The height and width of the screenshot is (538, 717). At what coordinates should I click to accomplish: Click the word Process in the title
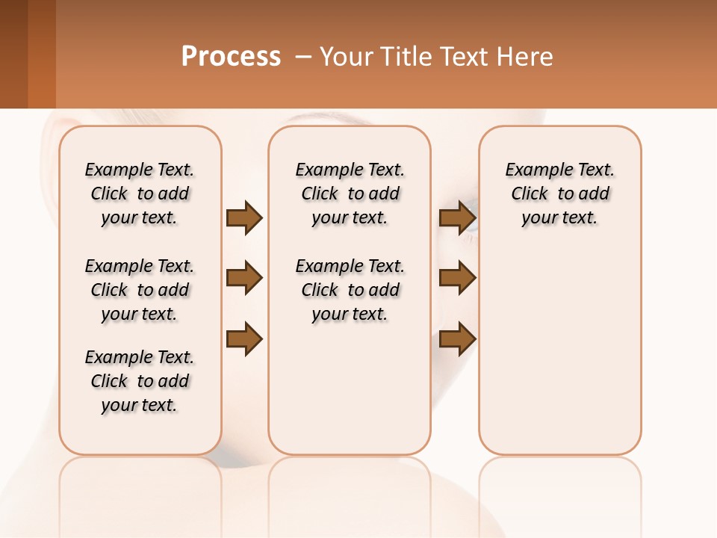coord(231,57)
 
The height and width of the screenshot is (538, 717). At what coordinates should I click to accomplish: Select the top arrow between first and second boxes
coord(244,218)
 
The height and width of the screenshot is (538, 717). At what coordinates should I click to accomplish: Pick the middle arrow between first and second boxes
coord(244,279)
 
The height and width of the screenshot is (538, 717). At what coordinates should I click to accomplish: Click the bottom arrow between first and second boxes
coord(244,340)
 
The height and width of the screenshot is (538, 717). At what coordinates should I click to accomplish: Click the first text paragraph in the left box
coord(140,194)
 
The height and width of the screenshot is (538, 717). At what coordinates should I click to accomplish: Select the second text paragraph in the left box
coord(140,290)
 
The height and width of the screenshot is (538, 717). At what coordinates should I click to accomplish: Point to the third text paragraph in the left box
coord(140,381)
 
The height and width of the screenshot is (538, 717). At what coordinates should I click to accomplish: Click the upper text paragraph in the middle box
coord(350,194)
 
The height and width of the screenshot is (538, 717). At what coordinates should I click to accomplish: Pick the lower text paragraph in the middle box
coord(350,290)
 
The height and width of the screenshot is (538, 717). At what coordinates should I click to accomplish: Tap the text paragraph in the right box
coord(559,194)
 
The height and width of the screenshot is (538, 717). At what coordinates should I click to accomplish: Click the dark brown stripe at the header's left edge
coord(13,54)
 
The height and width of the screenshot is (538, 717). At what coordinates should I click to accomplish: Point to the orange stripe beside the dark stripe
coord(42,54)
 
